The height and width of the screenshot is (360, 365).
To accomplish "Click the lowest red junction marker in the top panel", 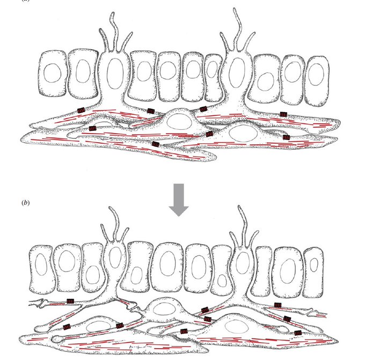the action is (156, 144).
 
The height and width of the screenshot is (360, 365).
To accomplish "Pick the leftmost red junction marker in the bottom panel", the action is (70, 302).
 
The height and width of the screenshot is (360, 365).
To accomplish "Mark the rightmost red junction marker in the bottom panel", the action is (298, 333).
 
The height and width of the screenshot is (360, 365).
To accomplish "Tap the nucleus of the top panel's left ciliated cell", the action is (114, 72).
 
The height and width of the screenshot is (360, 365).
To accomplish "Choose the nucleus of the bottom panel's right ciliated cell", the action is (243, 263).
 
